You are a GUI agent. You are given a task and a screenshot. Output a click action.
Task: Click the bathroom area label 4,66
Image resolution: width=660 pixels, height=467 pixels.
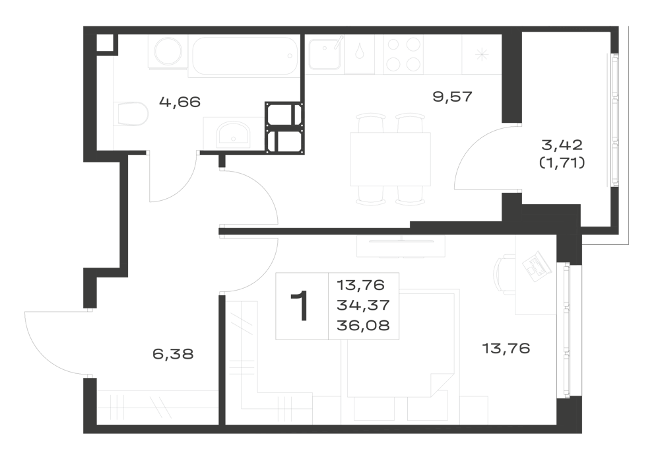[x=180, y=102]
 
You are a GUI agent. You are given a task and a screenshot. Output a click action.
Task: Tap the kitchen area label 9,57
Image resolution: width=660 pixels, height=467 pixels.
[x=453, y=97]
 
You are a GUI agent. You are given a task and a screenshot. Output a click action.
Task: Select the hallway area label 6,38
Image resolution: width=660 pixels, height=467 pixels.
[x=173, y=354]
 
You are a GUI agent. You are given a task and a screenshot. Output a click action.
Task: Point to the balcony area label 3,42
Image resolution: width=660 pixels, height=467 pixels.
[x=562, y=145]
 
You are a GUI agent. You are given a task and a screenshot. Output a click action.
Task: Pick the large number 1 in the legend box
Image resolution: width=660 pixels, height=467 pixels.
[x=301, y=306]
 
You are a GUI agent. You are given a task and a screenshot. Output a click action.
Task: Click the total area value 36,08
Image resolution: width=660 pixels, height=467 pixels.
[x=363, y=326]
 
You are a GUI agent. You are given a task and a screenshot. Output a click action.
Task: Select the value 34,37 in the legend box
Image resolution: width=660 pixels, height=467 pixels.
[x=363, y=305]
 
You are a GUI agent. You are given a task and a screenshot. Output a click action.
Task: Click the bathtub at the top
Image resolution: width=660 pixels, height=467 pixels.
[x=244, y=55]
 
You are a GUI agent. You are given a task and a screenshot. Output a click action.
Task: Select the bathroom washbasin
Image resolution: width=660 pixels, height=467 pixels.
[x=233, y=134]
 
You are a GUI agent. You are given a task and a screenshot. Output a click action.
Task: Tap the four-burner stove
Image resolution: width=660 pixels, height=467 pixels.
[x=404, y=54]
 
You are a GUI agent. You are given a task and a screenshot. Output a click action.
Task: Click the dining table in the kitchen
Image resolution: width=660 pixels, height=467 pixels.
[x=390, y=159]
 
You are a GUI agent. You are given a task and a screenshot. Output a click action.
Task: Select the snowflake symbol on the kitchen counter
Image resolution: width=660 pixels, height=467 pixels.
[x=481, y=54]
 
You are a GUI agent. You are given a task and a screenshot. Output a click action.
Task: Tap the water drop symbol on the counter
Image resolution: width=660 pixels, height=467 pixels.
[x=360, y=52]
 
